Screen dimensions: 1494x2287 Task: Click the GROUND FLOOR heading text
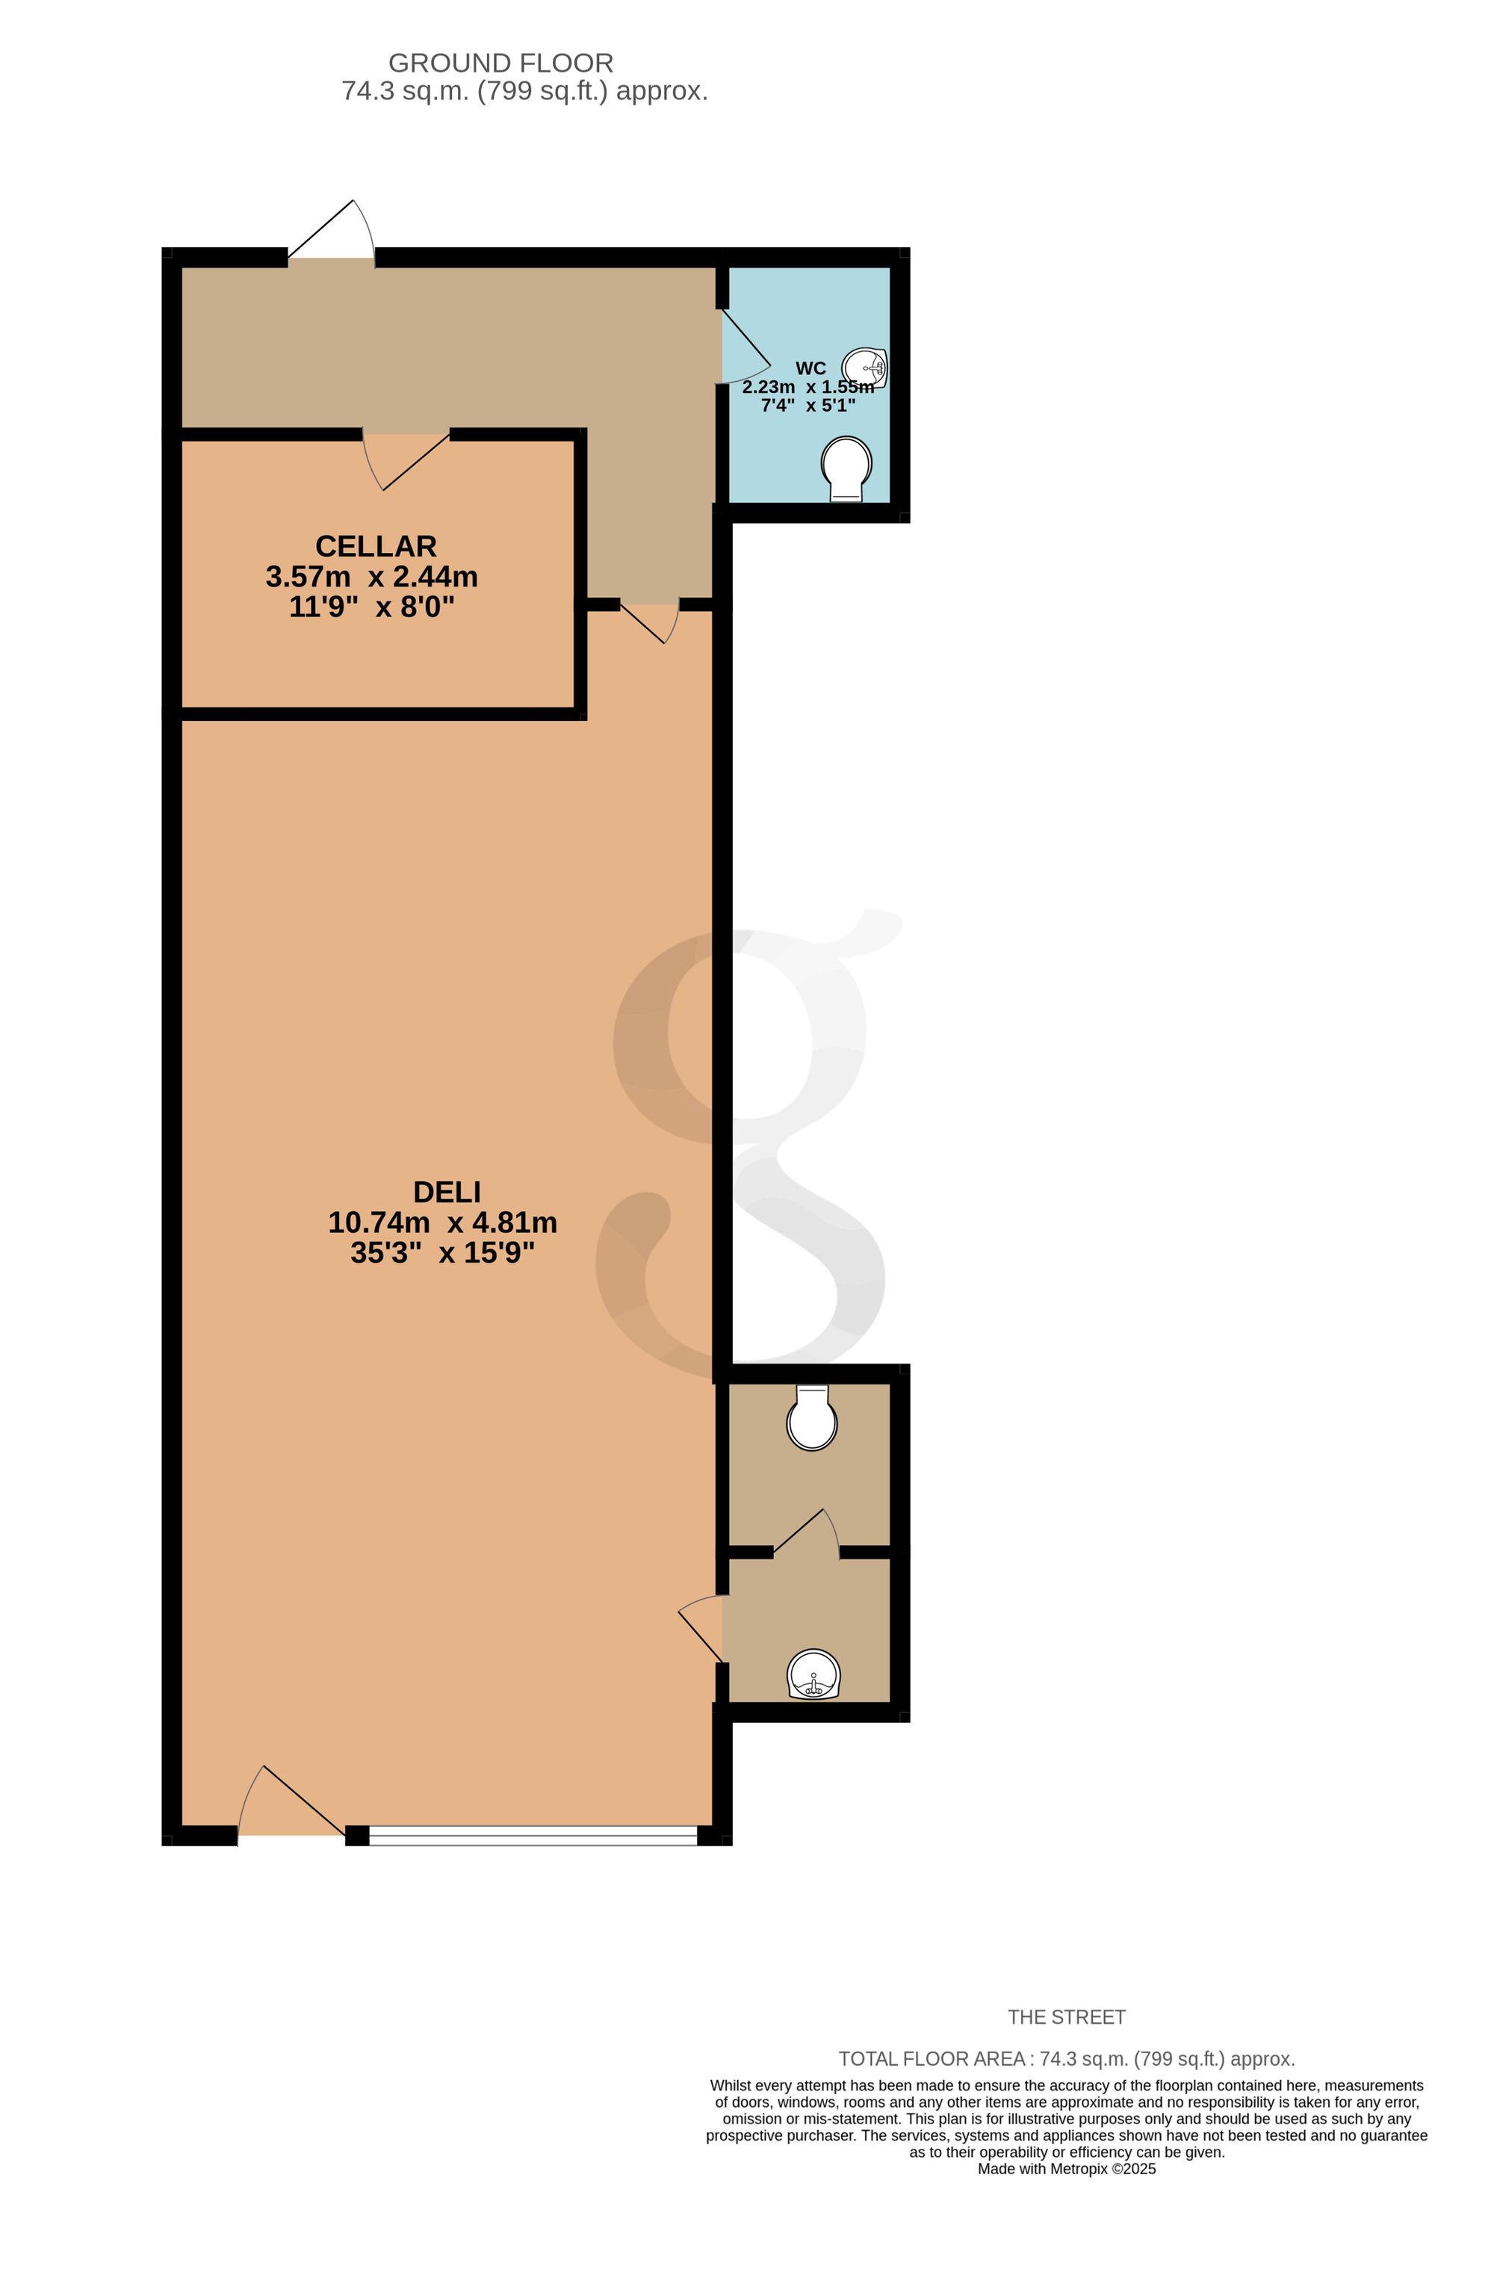(x=500, y=64)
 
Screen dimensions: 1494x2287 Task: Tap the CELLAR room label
(x=376, y=546)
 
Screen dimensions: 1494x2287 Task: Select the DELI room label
(x=447, y=1192)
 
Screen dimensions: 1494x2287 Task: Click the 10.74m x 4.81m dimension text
(x=443, y=1222)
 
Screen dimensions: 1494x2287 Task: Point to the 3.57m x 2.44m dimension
(x=372, y=577)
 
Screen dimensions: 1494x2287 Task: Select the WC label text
(x=811, y=368)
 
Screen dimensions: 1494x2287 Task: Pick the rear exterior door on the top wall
(x=332, y=231)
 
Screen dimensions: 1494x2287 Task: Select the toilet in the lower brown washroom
(x=812, y=1417)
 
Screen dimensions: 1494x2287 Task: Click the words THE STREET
(x=1067, y=2017)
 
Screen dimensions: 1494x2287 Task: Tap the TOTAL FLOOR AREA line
(x=1067, y=2058)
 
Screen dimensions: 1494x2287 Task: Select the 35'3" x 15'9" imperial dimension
(x=443, y=1253)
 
